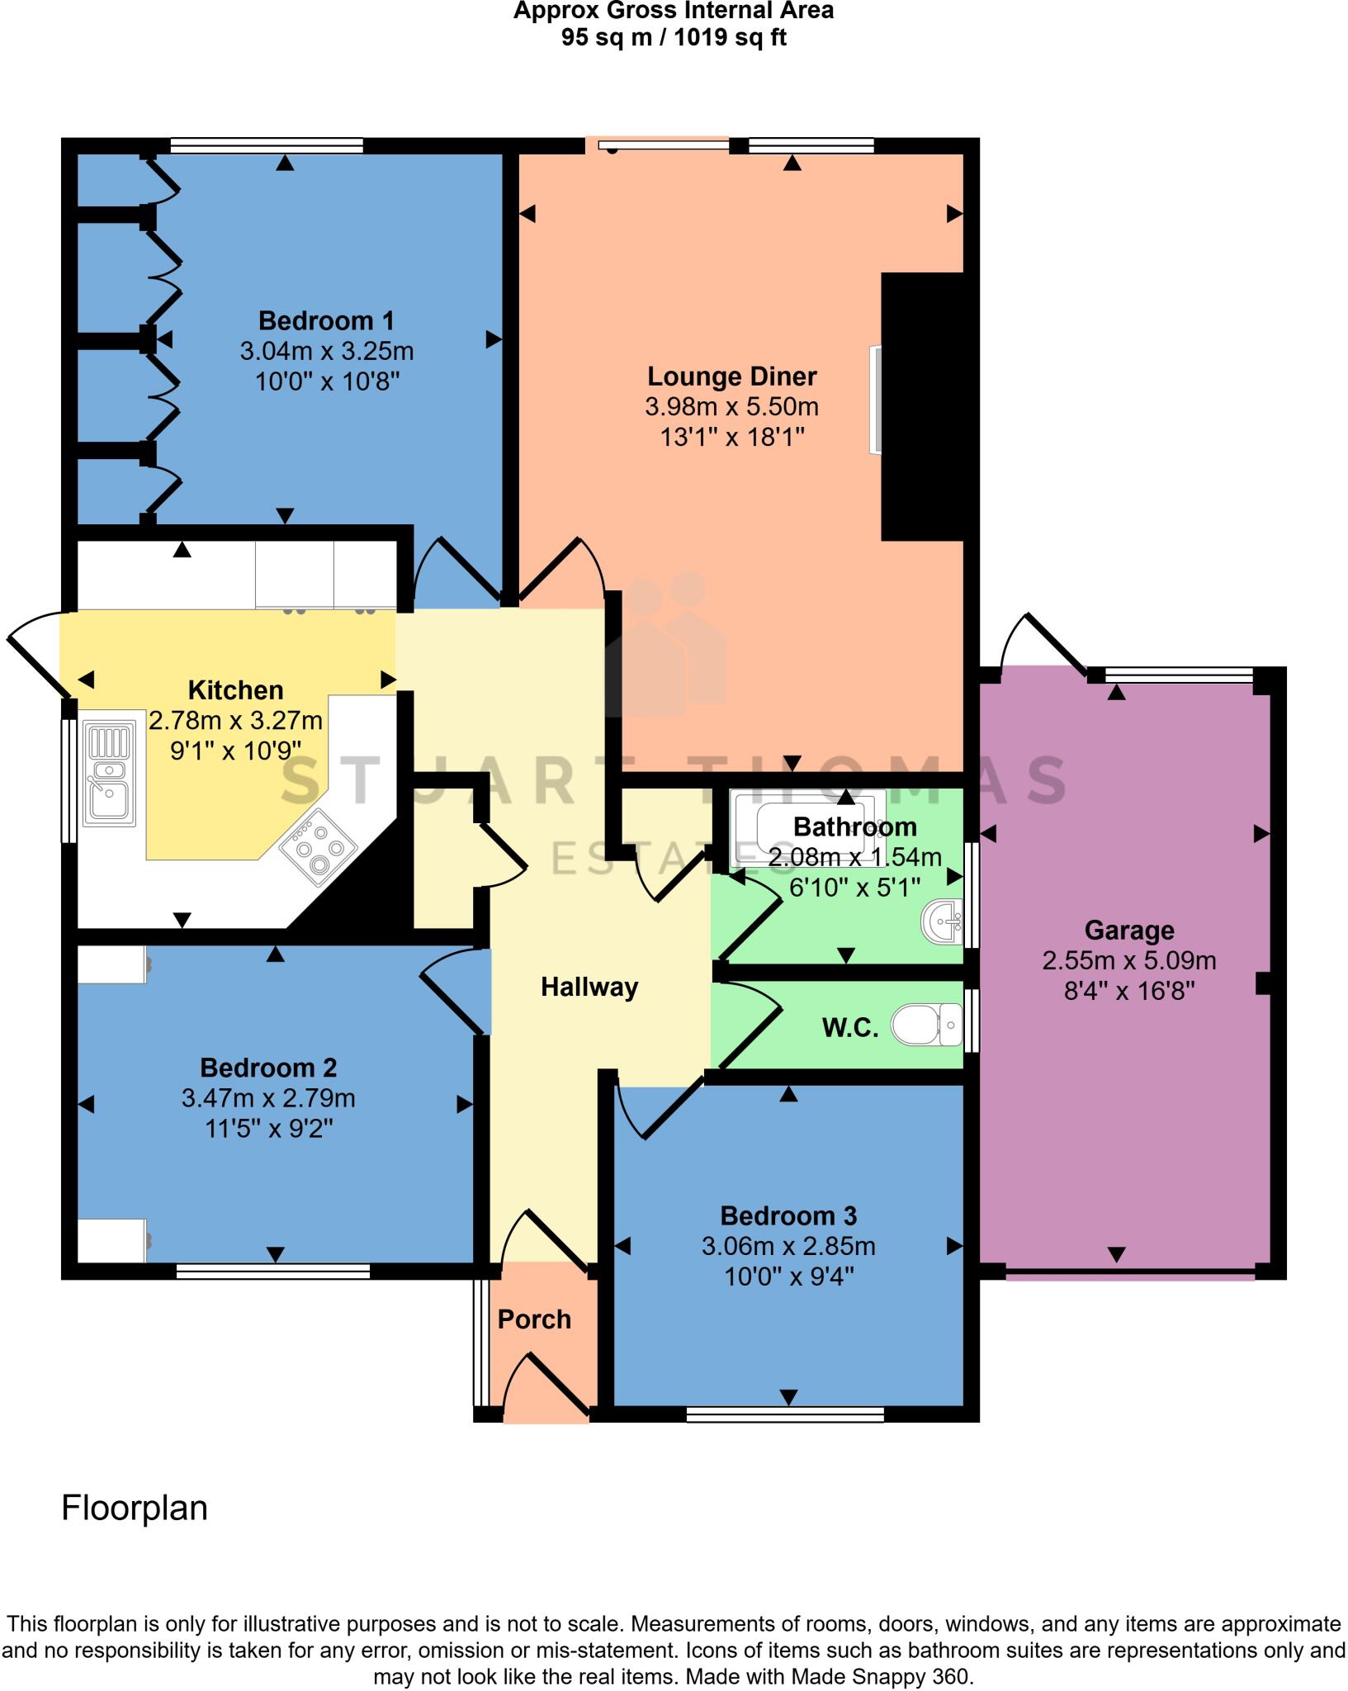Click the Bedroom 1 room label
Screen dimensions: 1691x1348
pyautogui.click(x=326, y=320)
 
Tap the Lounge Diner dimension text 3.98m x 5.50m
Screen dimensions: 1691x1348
pyautogui.click(x=731, y=407)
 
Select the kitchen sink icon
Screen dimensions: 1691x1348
pyautogui.click(x=110, y=774)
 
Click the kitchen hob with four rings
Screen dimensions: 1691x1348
pyautogui.click(x=319, y=847)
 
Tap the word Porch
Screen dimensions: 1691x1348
pyautogui.click(x=534, y=1319)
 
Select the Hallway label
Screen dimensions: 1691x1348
pyautogui.click(x=589, y=987)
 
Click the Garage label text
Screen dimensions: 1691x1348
pyautogui.click(x=1128, y=931)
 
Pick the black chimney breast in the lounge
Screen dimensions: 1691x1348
pyautogui.click(x=923, y=406)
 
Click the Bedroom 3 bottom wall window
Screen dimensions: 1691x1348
pyautogui.click(x=785, y=1414)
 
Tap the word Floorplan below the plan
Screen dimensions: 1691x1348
pyautogui.click(x=135, y=1509)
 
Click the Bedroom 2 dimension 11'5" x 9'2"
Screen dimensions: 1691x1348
pyautogui.click(x=268, y=1129)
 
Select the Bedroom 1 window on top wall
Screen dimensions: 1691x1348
pyautogui.click(x=267, y=146)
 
